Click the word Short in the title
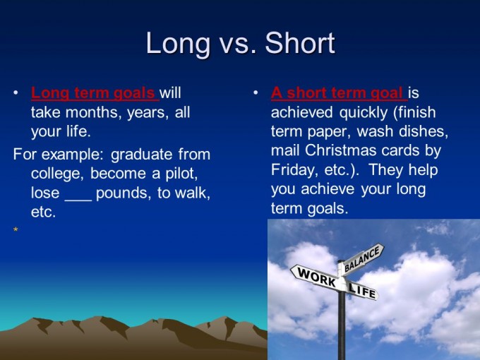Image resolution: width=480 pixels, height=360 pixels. click(x=300, y=44)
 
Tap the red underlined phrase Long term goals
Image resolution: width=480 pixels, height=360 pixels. click(x=94, y=92)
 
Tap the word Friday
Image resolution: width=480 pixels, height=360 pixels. click(x=296, y=170)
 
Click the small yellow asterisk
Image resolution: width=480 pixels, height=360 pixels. click(x=15, y=231)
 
